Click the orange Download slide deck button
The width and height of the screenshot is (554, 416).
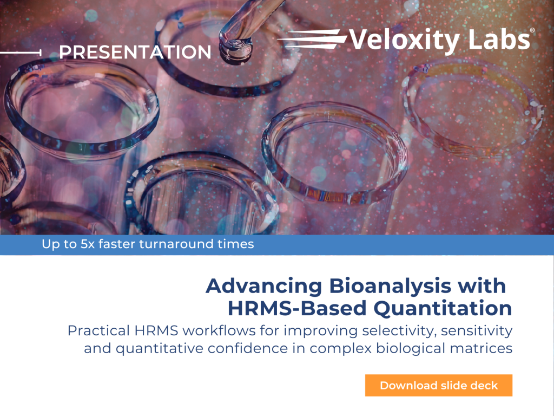[x=438, y=385]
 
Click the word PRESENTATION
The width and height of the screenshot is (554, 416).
[x=135, y=53]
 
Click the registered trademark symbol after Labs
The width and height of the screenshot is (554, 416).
[x=532, y=31]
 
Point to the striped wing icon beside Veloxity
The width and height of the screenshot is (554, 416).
[x=312, y=39]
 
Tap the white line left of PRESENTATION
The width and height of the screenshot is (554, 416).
[x=21, y=53]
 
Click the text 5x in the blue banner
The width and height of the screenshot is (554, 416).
[x=88, y=244]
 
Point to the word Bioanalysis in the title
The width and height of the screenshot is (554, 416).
[x=391, y=286]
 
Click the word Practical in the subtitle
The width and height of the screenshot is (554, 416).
[x=98, y=331]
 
